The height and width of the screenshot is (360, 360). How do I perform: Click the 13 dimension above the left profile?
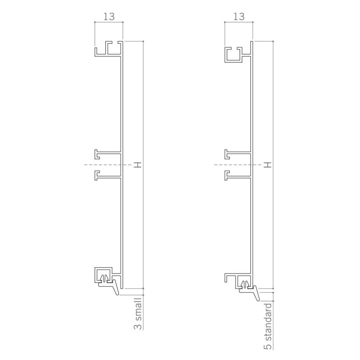(109, 16)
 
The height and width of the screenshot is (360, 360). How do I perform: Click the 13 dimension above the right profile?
(238, 16)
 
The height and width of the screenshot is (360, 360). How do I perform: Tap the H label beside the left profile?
(137, 165)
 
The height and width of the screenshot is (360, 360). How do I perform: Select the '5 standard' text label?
(267, 327)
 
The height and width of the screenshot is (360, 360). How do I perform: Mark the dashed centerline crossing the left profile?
(90, 165)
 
